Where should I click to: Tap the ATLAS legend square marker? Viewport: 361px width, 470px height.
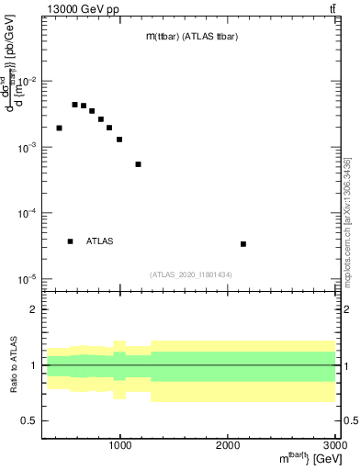(x=70, y=241)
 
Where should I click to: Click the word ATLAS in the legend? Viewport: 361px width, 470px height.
(x=99, y=241)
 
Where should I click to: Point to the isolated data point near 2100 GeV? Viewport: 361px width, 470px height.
(x=243, y=243)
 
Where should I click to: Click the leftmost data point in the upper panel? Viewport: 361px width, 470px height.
(x=59, y=129)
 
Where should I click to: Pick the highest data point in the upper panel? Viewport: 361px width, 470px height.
(x=74, y=105)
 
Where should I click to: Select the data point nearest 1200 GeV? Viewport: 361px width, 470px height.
(x=138, y=164)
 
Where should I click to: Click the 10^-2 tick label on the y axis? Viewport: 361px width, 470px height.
(x=27, y=82)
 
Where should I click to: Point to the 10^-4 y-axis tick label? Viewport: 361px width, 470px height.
(x=27, y=213)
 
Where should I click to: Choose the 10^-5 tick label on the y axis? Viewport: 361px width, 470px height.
(x=27, y=279)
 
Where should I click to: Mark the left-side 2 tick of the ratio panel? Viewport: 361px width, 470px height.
(x=33, y=309)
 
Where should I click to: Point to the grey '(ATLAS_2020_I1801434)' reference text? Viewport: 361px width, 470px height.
(x=190, y=274)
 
